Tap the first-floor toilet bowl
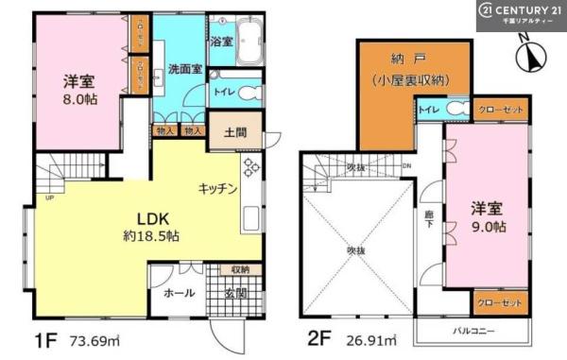(x=249, y=93)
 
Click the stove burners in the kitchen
(x=251, y=168)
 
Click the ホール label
(x=180, y=293)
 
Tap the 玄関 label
(x=235, y=293)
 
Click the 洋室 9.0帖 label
(x=489, y=218)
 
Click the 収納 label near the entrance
(x=240, y=270)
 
